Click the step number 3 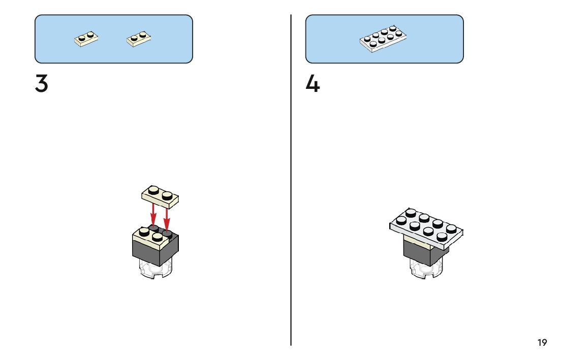click(42, 84)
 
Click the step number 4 click(313, 84)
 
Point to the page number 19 click(542, 343)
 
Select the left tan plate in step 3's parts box click(86, 39)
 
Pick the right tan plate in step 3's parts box click(139, 39)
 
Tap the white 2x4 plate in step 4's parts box click(383, 39)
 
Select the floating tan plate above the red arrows click(161, 197)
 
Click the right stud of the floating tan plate click(167, 194)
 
